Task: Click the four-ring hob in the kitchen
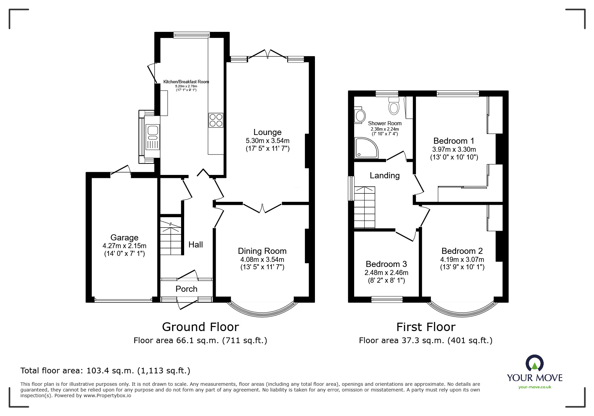216,120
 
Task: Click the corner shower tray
365,148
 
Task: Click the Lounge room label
267,132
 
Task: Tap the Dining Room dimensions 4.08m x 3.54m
262,260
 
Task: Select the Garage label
124,238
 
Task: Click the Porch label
186,289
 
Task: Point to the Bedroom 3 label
386,264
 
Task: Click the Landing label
385,176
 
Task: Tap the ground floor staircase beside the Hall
171,237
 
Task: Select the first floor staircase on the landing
364,207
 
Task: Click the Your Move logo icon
535,363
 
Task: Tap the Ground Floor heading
200,327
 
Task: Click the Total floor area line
105,371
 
